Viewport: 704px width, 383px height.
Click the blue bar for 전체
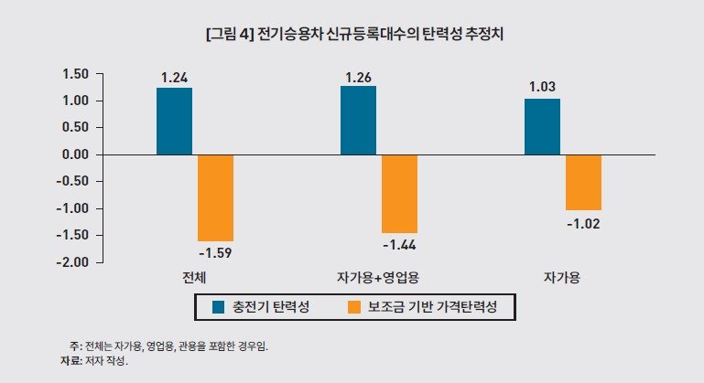pos(174,122)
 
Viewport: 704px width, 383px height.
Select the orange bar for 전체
pos(215,197)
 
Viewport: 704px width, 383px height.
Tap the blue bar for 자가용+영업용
pos(358,121)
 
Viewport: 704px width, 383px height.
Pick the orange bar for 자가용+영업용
pos(399,194)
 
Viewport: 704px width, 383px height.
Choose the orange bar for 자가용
pos(583,183)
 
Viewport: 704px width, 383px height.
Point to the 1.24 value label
pos(174,78)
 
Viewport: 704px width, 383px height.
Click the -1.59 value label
pos(215,250)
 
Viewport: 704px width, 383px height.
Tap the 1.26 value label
pos(358,78)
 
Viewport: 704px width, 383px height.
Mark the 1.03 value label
pos(542,88)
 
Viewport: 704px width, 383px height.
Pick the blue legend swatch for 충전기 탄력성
pos(220,307)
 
